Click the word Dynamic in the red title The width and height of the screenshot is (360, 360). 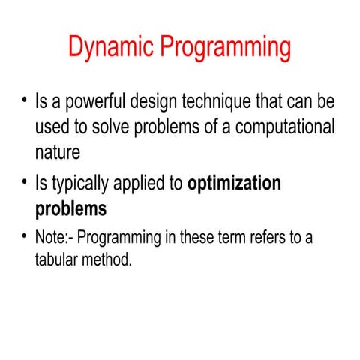(112, 47)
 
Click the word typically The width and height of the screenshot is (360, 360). (82, 183)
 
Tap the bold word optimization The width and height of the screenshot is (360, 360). (234, 183)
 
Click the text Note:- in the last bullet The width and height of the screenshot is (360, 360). (54, 239)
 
